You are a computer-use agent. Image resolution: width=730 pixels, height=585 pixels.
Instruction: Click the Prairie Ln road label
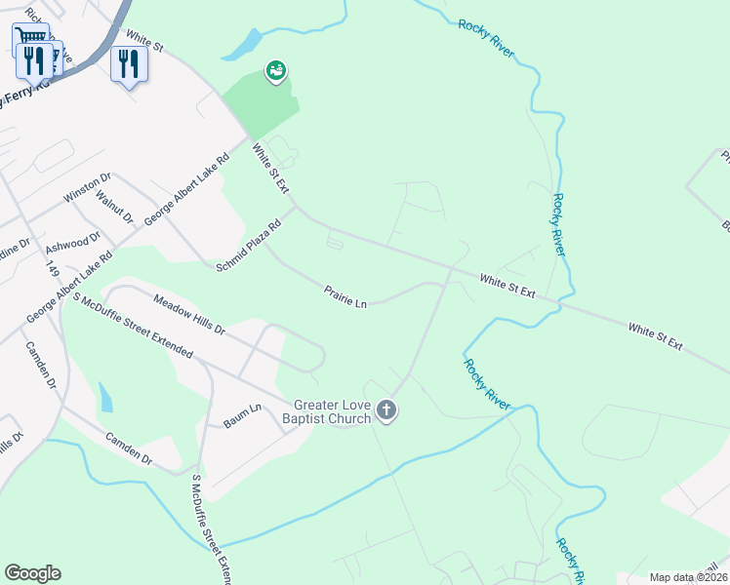[x=345, y=295]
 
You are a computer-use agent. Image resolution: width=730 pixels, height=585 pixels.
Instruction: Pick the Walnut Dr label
[x=114, y=206]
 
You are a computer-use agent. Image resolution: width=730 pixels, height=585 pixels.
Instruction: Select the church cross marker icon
[x=386, y=411]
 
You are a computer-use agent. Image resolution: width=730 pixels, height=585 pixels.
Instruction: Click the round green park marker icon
[x=276, y=70]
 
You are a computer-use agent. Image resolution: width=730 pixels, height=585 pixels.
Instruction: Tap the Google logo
[x=32, y=573]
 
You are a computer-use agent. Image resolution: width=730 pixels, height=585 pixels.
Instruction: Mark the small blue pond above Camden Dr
[x=104, y=398]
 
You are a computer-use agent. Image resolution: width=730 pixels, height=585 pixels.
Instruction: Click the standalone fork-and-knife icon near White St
[x=129, y=64]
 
